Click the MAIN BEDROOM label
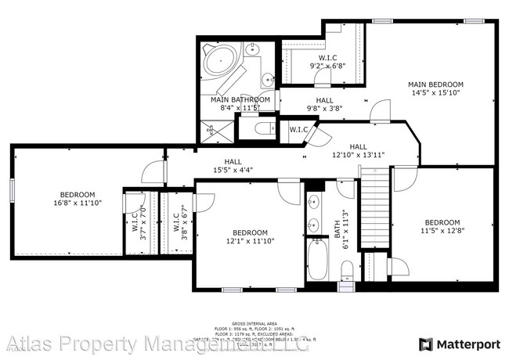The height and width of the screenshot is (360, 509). point(435,85)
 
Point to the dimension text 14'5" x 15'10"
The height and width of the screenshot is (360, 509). point(435,93)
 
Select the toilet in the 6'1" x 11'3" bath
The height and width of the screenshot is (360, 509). point(346,270)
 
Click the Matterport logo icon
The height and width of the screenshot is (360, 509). point(425,344)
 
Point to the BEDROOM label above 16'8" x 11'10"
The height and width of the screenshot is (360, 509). point(78,195)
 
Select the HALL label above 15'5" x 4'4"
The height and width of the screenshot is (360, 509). point(233,160)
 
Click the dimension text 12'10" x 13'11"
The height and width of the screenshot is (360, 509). point(358,155)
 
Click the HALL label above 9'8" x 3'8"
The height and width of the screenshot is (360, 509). point(325,100)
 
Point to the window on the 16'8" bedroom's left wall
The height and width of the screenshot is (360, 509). point(12,190)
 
